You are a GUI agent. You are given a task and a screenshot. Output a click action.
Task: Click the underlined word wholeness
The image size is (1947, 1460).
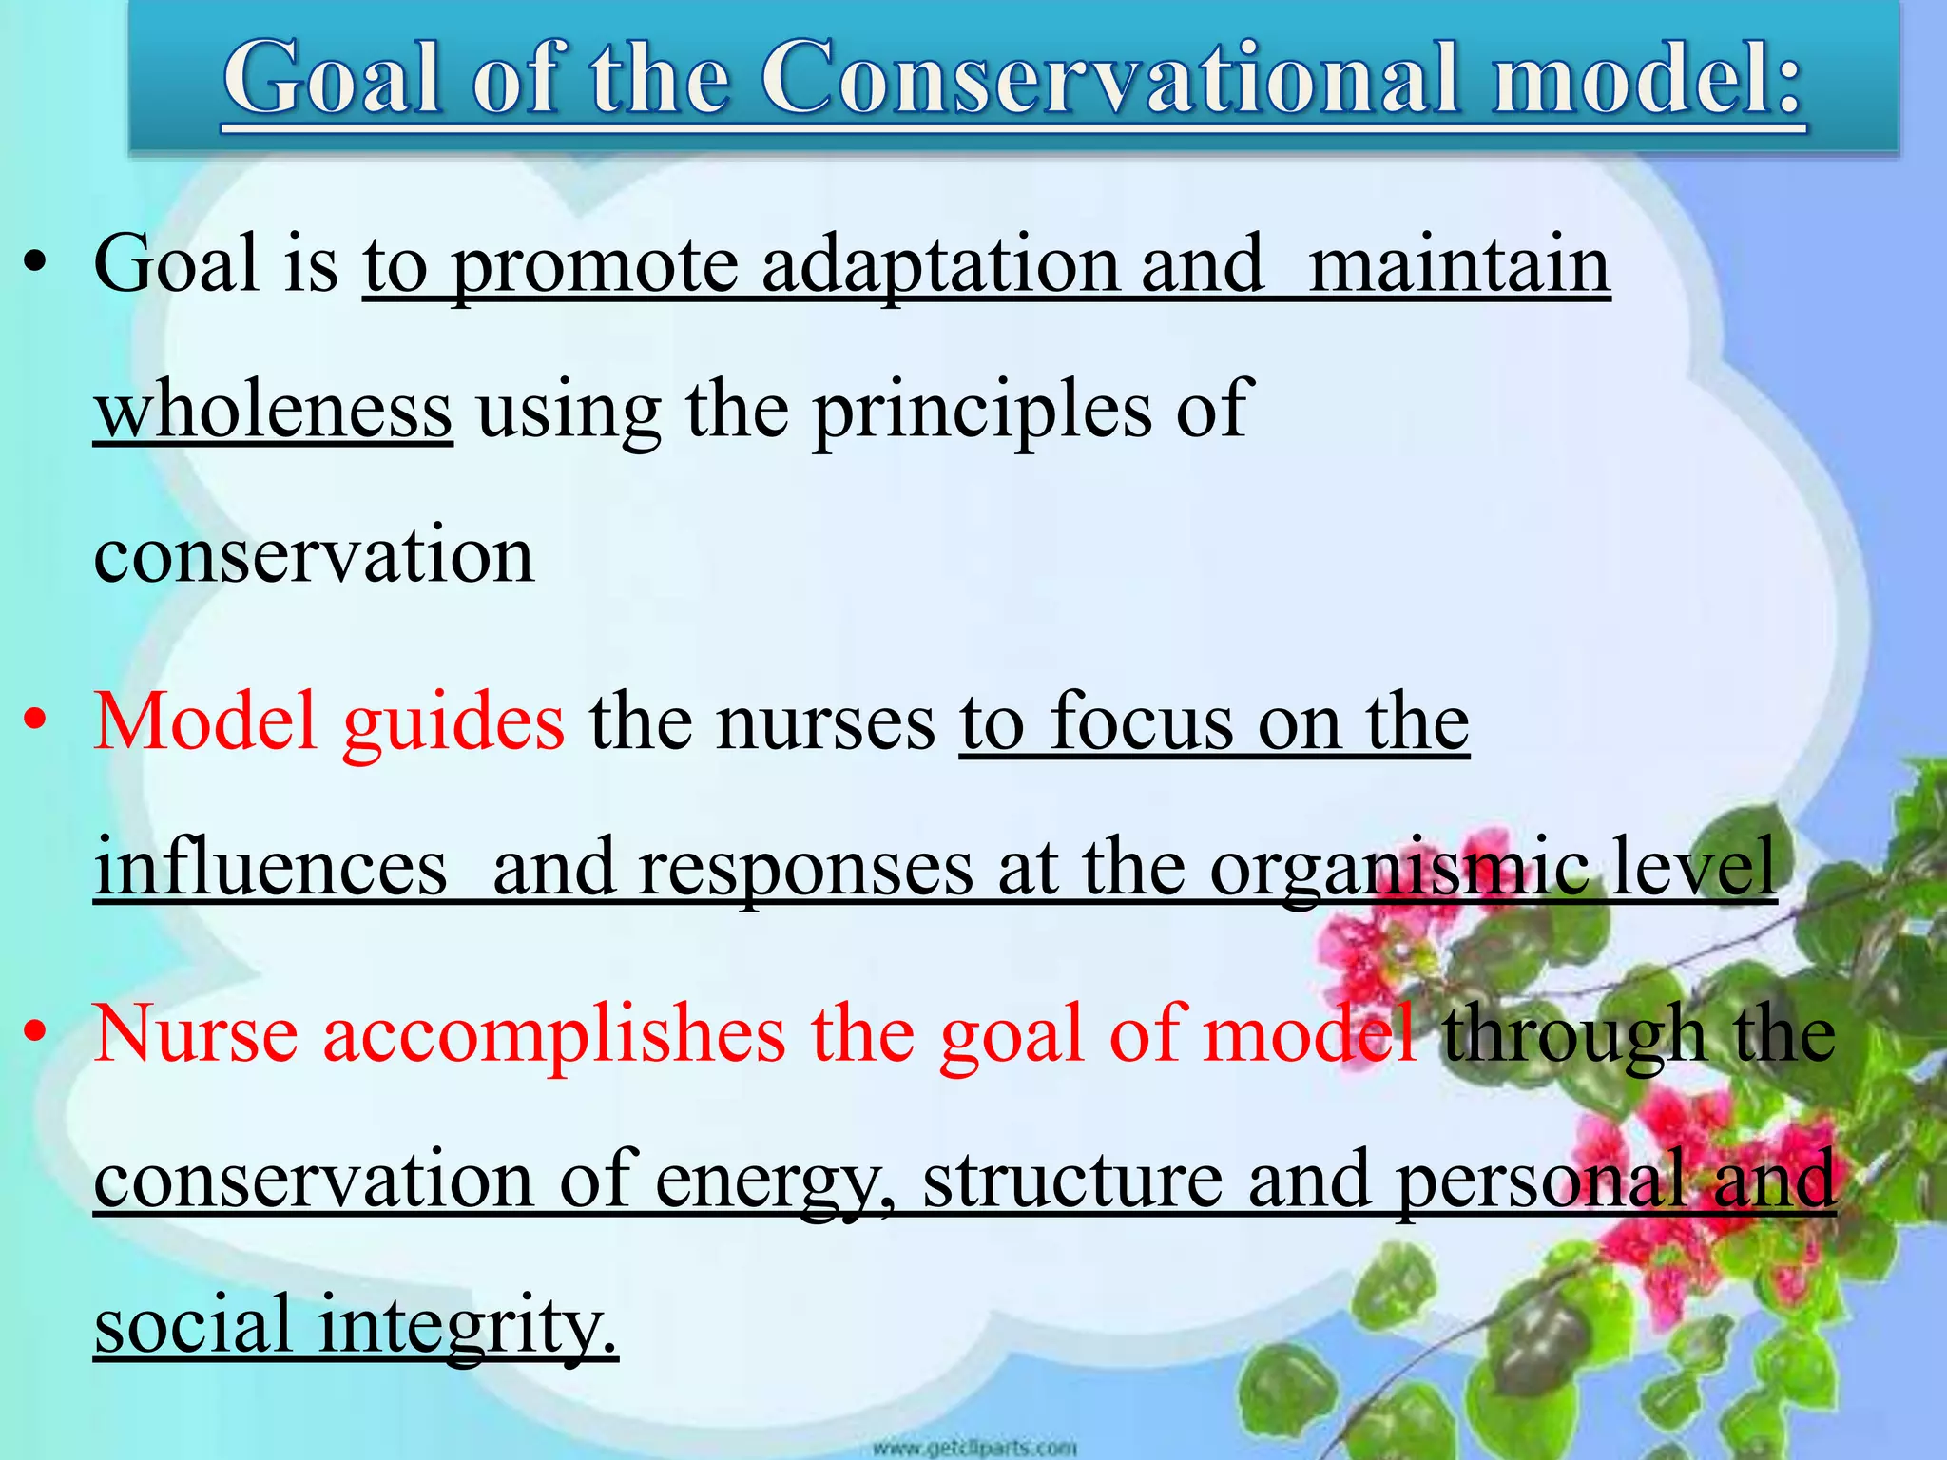pos(273,411)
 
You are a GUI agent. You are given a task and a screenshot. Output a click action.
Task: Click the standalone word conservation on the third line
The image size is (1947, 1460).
pos(314,555)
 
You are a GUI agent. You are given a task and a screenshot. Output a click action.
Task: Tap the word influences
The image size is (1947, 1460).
pos(271,867)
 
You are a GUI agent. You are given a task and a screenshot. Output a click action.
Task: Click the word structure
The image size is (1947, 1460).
pos(1073,1179)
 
